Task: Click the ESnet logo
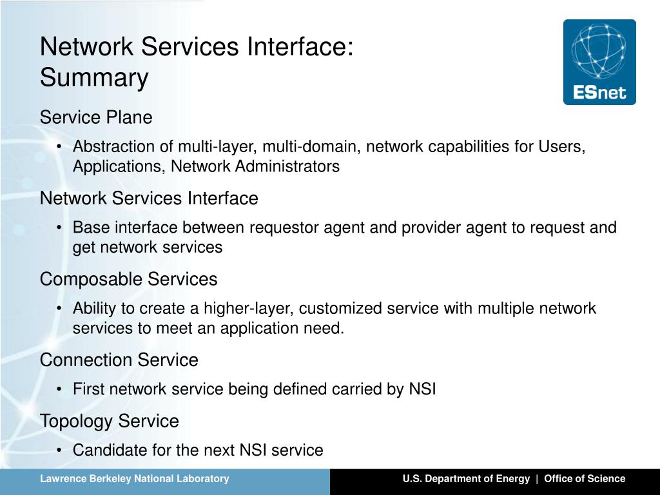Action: point(599,62)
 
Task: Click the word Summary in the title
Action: point(94,78)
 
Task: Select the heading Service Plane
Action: point(96,118)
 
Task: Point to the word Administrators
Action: point(287,166)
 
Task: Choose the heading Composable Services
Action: point(128,279)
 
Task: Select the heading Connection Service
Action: point(119,360)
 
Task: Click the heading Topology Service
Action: point(109,421)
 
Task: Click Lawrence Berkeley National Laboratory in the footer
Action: point(135,478)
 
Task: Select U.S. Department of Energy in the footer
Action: point(466,478)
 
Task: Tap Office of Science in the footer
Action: point(585,478)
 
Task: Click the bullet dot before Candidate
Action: point(59,451)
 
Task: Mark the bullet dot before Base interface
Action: point(59,228)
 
